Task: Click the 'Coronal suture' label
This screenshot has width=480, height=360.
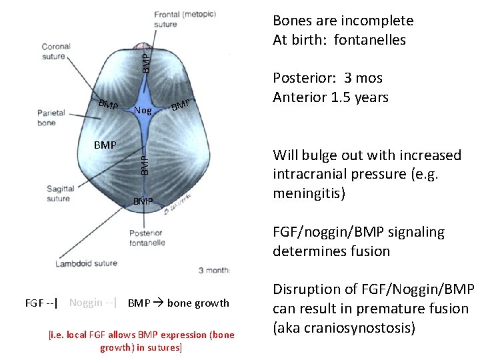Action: [56, 51]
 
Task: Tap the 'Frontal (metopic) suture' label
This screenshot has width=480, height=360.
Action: [175, 19]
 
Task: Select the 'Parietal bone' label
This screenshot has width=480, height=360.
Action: [51, 117]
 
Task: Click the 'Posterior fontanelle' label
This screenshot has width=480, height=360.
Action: [147, 238]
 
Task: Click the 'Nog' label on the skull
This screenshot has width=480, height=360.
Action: [142, 111]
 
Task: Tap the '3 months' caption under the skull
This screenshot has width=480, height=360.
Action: [213, 270]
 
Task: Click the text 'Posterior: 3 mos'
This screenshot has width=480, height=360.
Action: [327, 78]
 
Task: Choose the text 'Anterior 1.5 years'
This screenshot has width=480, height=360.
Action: [330, 97]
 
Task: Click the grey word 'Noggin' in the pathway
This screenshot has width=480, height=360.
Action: [85, 303]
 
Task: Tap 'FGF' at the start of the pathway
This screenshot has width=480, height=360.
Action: [34, 303]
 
